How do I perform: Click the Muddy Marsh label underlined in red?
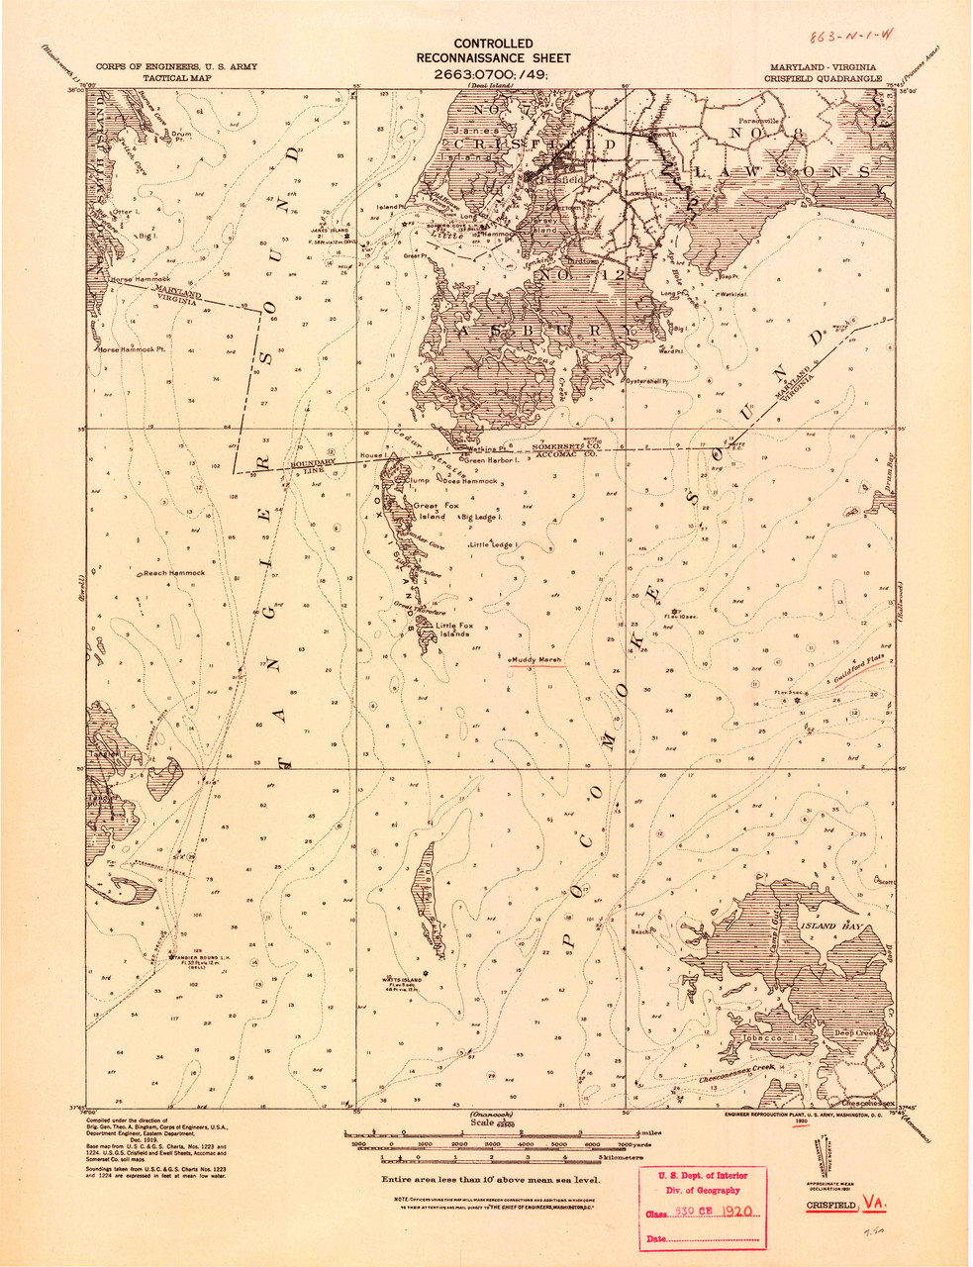[536, 658]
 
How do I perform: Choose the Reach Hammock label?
[173, 573]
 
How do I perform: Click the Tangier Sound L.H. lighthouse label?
[206, 958]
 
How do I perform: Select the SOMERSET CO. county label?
[566, 444]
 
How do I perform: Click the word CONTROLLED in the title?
[492, 44]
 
